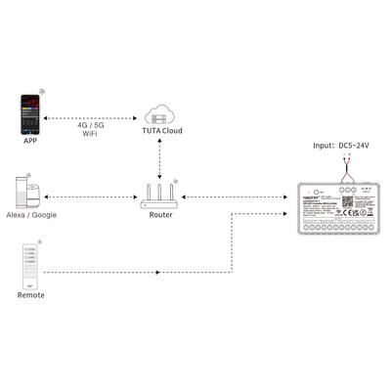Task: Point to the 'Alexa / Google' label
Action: click(x=31, y=213)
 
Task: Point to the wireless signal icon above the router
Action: click(x=175, y=180)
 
